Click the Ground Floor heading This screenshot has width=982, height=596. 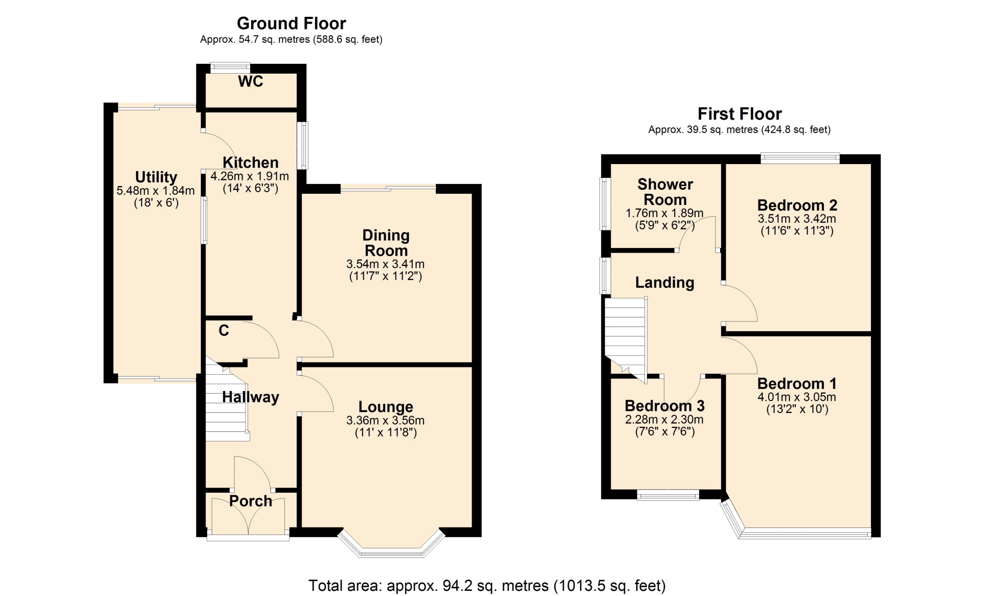[x=291, y=24]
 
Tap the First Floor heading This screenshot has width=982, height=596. [x=740, y=113]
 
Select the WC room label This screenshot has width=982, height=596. [x=251, y=81]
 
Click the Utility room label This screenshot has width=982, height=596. [x=156, y=177]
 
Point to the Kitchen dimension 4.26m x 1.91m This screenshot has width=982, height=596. [x=250, y=176]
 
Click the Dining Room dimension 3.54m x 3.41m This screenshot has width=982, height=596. [x=386, y=264]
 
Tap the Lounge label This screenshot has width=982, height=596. [x=386, y=407]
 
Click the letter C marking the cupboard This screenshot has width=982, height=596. [x=224, y=331]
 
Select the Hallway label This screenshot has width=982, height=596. [x=251, y=397]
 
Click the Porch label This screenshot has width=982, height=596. [x=251, y=501]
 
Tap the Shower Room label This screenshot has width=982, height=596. [x=665, y=192]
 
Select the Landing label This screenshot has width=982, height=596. [x=665, y=283]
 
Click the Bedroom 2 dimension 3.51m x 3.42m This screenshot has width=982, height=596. [x=797, y=219]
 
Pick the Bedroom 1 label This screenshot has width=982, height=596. [x=797, y=383]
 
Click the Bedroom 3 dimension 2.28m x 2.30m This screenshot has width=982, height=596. [x=664, y=420]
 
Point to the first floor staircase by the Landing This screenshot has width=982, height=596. [x=626, y=337]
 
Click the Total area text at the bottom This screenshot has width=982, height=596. [x=487, y=586]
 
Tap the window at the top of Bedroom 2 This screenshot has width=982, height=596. [x=800, y=158]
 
